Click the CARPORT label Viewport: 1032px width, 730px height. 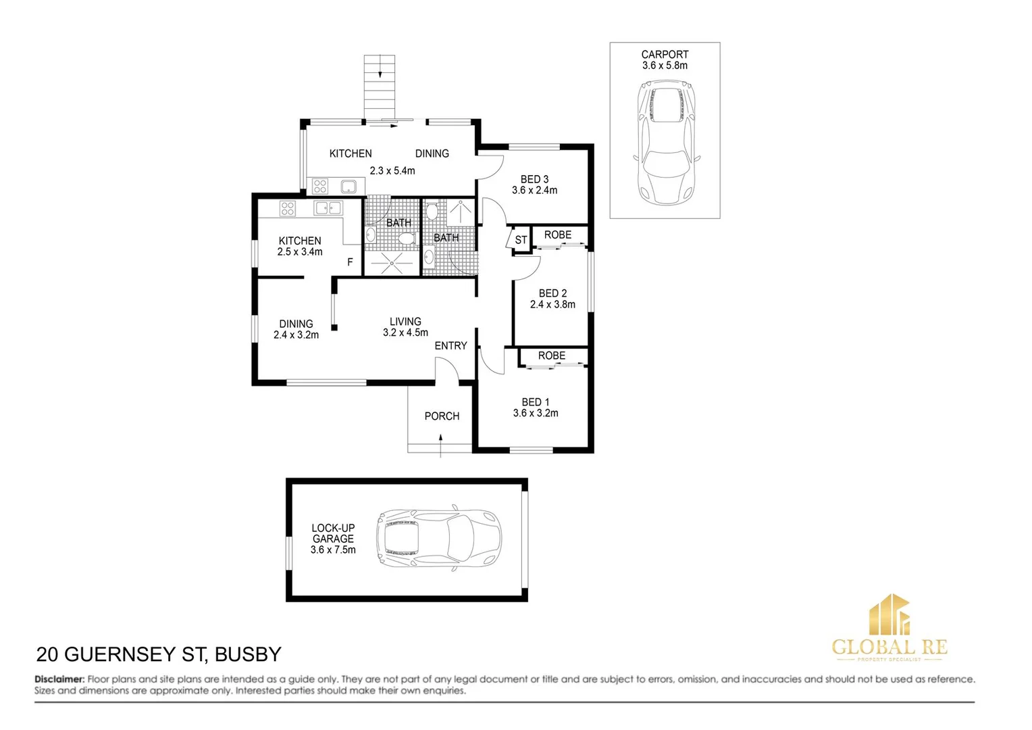pos(665,54)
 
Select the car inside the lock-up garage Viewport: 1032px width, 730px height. pos(439,539)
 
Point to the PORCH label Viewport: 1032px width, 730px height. pos(442,416)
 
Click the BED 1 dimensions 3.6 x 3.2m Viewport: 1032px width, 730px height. pos(536,414)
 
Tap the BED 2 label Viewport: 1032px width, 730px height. pos(552,293)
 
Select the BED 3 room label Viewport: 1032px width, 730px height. pos(534,179)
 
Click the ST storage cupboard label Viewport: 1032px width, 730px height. pos(521,240)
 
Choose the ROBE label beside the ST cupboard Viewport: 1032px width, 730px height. pos(558,235)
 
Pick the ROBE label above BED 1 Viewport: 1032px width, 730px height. pos(552,356)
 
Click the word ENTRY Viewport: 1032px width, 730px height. pos(450,345)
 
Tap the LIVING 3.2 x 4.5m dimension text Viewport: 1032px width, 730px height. pos(405,333)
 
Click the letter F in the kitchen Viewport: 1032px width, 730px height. pos(350,262)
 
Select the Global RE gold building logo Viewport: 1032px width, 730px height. pos(889,614)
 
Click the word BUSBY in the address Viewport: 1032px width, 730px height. pos(247,654)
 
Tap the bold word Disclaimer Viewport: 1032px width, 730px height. pos(59,679)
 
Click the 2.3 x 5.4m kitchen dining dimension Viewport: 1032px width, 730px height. pos(392,171)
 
